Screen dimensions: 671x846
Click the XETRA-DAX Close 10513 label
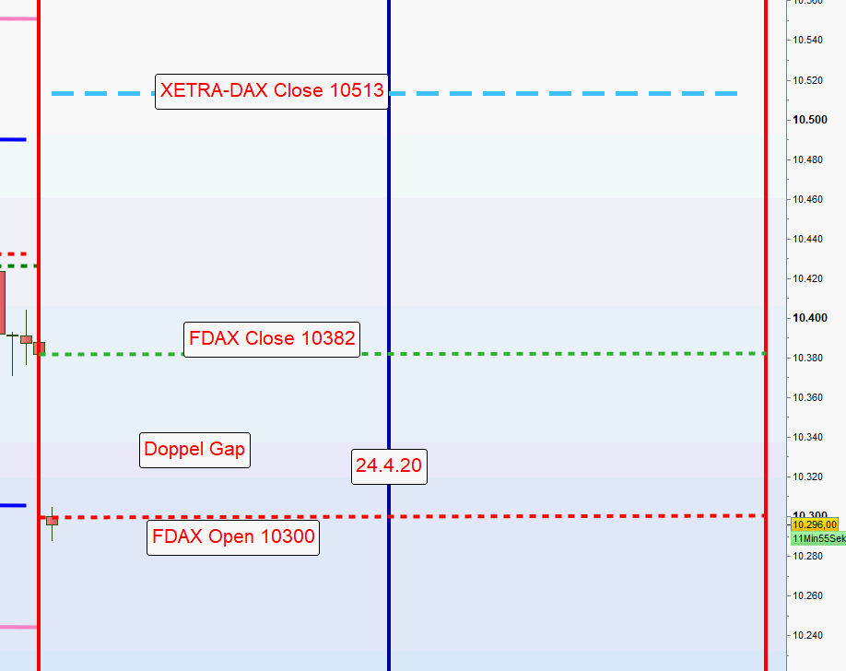point(272,90)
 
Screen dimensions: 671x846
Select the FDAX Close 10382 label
point(272,338)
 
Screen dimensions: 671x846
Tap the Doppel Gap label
point(194,450)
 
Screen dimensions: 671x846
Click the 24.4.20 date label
point(389,465)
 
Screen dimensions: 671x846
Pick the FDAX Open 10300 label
point(233,536)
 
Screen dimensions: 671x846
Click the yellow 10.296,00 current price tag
point(814,524)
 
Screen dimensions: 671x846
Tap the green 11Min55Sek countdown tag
point(817,538)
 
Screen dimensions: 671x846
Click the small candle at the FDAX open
point(53,521)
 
